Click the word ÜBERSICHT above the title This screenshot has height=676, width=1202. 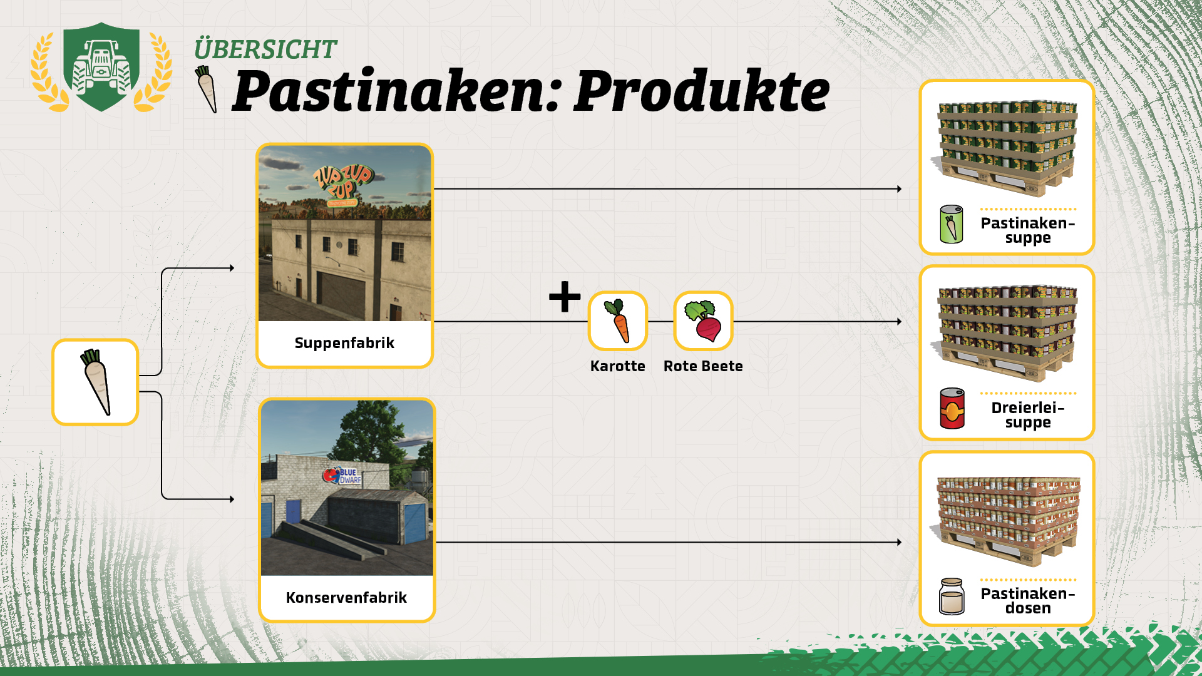click(265, 49)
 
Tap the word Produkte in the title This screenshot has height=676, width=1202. click(702, 91)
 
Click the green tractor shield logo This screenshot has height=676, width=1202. click(101, 67)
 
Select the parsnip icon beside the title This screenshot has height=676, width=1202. click(207, 89)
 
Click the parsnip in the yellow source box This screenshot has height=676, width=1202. click(96, 382)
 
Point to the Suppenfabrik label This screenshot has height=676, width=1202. click(344, 343)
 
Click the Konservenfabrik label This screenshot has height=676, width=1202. click(346, 598)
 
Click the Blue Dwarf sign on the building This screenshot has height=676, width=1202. click(342, 476)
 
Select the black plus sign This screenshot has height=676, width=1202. click(565, 297)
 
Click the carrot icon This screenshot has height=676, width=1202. click(618, 320)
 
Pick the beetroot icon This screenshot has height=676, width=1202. click(703, 320)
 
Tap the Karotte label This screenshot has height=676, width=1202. click(617, 366)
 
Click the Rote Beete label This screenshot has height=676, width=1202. click(703, 366)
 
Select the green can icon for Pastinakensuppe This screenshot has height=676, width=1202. click(952, 224)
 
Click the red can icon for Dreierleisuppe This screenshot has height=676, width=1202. click(952, 408)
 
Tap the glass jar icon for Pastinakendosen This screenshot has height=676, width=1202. click(952, 597)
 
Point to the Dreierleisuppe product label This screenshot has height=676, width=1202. click(1028, 415)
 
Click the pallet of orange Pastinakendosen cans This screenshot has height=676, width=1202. click(1007, 521)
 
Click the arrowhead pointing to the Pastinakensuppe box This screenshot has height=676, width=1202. click(899, 188)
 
